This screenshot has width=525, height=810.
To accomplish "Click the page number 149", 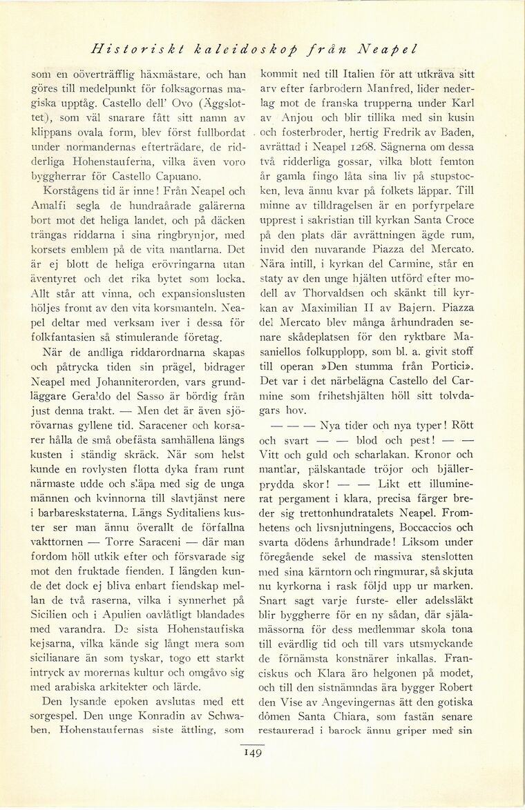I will click(x=251, y=753).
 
